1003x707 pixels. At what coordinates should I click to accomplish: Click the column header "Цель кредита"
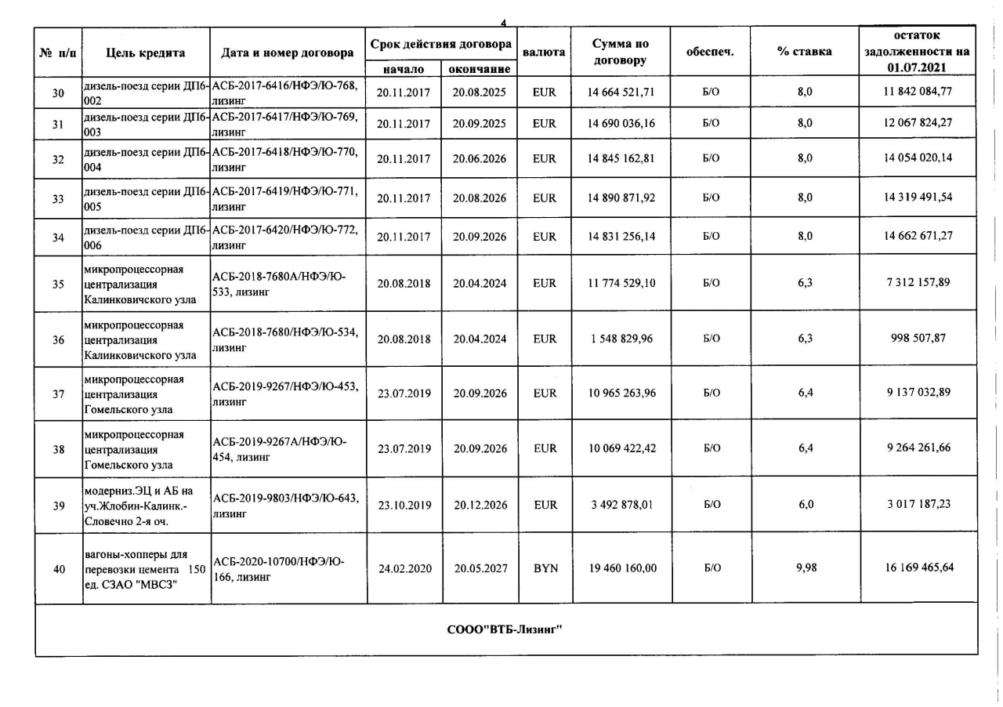(146, 53)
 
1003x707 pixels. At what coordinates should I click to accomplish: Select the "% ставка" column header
(805, 52)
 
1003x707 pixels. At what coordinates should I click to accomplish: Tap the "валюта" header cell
(544, 53)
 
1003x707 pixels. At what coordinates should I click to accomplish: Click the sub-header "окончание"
(480, 70)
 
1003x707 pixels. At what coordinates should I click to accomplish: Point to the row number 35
(58, 284)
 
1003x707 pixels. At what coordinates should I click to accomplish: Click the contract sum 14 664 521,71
(621, 92)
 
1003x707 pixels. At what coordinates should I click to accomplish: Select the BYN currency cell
(545, 568)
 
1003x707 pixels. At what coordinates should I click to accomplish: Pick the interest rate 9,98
(806, 567)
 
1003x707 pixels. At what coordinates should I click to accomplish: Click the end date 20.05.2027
(480, 568)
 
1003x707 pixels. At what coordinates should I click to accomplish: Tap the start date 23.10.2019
(404, 505)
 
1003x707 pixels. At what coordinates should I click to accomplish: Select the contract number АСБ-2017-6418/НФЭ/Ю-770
(285, 151)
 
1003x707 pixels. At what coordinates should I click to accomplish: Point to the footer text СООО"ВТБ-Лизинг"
(505, 629)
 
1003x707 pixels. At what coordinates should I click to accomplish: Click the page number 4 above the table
(503, 22)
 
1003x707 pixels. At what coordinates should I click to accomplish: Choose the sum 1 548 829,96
(621, 339)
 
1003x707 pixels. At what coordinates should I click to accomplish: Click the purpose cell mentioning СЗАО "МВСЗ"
(146, 569)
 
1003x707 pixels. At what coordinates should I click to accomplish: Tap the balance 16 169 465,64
(919, 567)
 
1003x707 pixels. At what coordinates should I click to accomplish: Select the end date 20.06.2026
(480, 158)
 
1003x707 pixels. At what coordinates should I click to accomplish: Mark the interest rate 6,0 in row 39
(806, 505)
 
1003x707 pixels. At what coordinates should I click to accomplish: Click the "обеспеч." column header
(710, 52)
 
